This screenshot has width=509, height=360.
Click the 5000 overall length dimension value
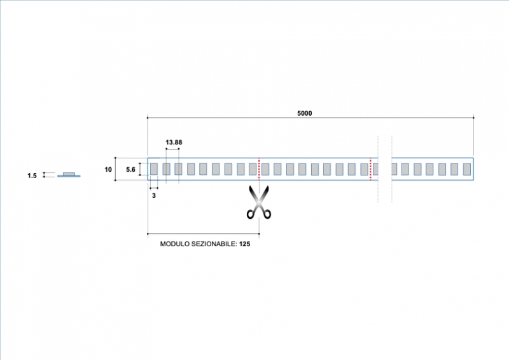click(x=305, y=113)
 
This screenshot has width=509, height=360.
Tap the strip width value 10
click(x=108, y=169)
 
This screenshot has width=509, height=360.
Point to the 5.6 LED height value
click(x=130, y=169)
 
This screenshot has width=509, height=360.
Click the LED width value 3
click(x=153, y=195)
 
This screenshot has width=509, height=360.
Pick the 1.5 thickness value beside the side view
click(x=32, y=176)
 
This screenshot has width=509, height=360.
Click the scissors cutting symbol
click(x=259, y=203)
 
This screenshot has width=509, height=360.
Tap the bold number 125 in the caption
click(x=245, y=244)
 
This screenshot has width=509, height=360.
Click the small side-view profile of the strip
click(x=69, y=175)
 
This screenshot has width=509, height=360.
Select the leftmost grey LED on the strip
click(x=154, y=169)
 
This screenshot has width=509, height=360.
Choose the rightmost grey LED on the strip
click(x=466, y=169)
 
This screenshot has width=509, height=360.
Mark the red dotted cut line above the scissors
click(x=259, y=169)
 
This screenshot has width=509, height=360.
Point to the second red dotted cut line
click(x=370, y=169)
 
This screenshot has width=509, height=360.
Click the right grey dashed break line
click(x=392, y=169)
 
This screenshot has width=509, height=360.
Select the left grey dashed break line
click(x=379, y=169)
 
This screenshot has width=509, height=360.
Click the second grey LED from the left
click(x=166, y=169)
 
